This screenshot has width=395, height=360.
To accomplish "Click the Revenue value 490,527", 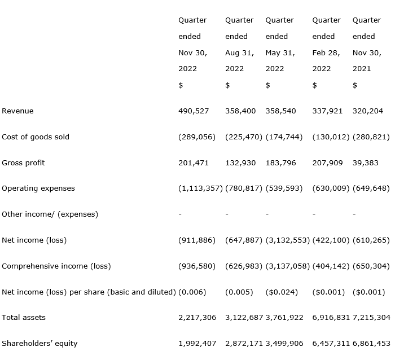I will pyautogui.click(x=194, y=111).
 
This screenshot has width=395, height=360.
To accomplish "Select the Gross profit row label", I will pyautogui.click(x=23, y=163).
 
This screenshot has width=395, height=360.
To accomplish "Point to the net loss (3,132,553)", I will pyautogui.click(x=287, y=240).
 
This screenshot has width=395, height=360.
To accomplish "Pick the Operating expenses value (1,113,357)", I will pyautogui.click(x=200, y=188).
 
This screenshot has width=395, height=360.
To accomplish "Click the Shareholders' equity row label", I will pyautogui.click(x=39, y=344).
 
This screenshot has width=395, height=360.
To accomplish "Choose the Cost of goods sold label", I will pyautogui.click(x=36, y=137).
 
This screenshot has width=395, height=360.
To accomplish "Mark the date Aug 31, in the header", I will pyautogui.click(x=239, y=53).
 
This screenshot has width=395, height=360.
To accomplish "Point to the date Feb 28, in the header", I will pyautogui.click(x=326, y=53).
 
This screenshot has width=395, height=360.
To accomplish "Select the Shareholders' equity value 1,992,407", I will pyautogui.click(x=197, y=344).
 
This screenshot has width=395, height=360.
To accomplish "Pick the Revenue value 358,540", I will pyautogui.click(x=280, y=111).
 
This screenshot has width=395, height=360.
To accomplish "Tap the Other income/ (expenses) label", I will pyautogui.click(x=50, y=214).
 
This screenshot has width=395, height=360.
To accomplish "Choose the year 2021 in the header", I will pyautogui.click(x=362, y=69).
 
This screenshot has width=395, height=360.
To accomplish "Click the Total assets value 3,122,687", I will pyautogui.click(x=244, y=318).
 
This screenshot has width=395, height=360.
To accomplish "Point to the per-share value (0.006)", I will pyautogui.click(x=192, y=292).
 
